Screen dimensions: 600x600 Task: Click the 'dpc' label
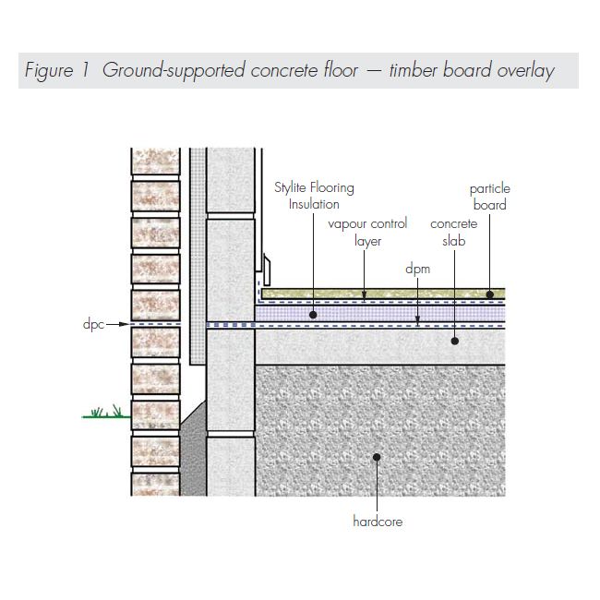92,325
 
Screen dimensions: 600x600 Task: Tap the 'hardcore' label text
378,522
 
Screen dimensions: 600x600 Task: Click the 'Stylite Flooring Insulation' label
314,196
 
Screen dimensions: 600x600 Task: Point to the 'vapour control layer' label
367,233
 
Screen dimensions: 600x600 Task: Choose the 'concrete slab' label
454,233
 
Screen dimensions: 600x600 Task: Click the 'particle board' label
489,197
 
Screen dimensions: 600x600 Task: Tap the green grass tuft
105,412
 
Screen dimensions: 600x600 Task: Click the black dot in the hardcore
377,457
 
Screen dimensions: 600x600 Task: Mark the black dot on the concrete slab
454,340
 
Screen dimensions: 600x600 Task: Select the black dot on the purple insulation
314,315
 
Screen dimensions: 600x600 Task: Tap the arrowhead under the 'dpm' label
417,322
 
